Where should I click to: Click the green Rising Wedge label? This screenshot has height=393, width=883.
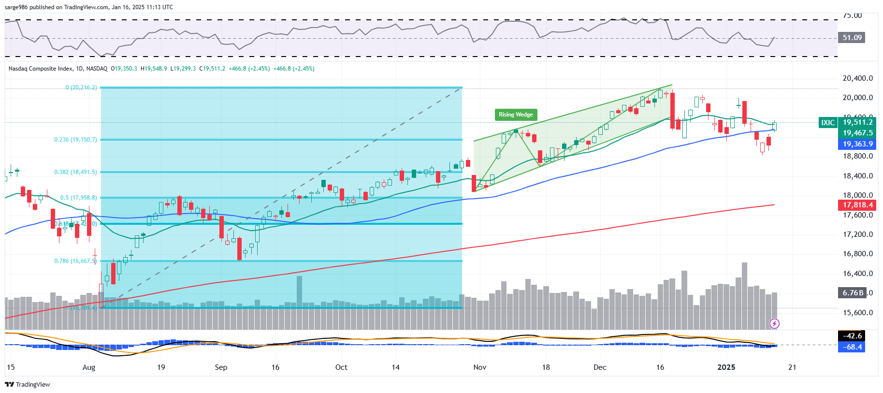pos(516,115)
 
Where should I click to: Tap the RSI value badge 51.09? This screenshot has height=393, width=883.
pos(852,38)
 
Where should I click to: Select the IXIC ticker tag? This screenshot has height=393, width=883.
pos(827,123)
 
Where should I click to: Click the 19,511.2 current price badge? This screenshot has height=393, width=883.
pos(858,122)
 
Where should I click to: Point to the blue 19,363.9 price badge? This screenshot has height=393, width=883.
pos(857,144)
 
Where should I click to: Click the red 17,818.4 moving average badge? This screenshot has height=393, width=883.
pos(857,205)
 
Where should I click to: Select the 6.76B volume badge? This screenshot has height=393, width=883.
pos(853,292)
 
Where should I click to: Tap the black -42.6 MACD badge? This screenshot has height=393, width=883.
pos(852,336)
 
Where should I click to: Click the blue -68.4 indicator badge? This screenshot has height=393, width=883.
pos(852,347)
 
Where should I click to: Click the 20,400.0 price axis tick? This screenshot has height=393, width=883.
pos(857,78)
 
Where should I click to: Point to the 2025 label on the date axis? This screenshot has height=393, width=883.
pos(726,367)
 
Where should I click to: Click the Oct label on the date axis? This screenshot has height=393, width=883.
pos(341,367)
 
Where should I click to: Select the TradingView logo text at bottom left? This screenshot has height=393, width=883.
pos(28,385)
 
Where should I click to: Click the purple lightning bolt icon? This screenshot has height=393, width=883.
pos(774,324)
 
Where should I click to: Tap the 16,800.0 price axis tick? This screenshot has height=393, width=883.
pos(857,254)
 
